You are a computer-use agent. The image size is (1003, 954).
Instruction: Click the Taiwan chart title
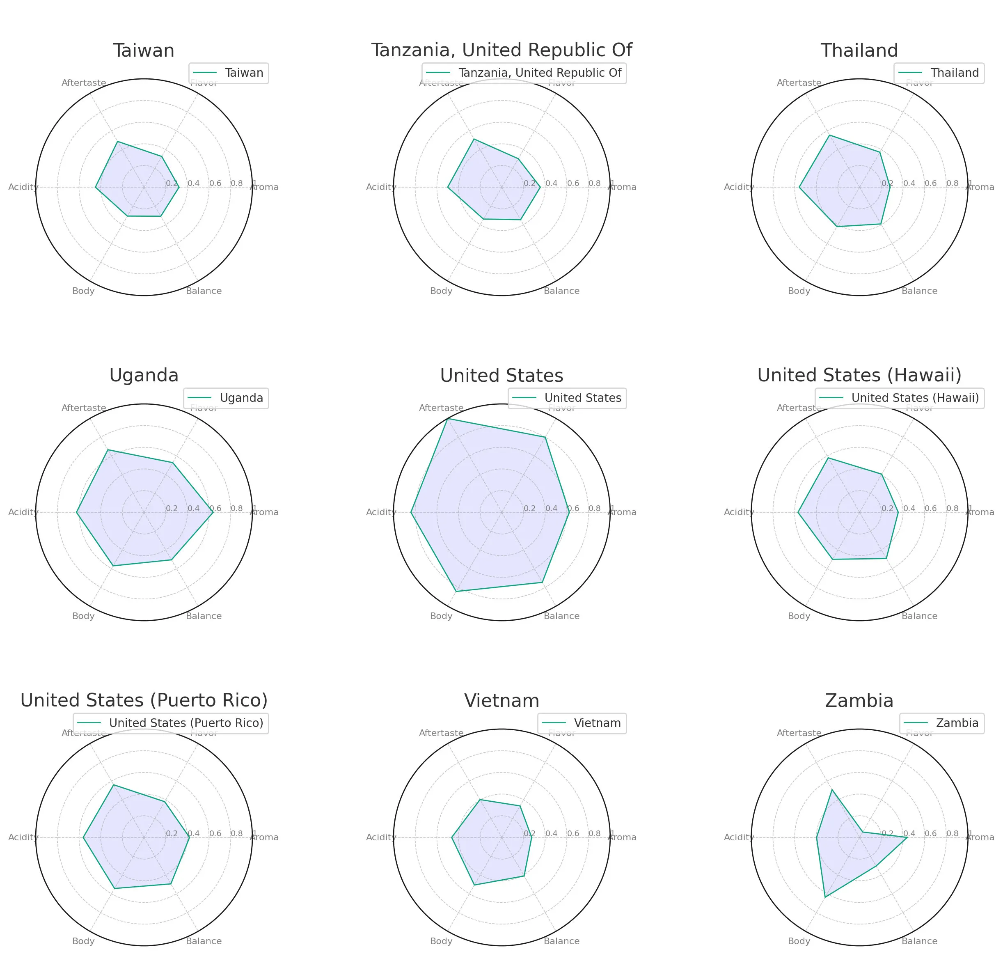(144, 51)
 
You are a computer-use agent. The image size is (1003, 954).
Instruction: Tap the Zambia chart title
(859, 701)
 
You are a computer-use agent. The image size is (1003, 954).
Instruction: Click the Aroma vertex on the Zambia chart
(907, 837)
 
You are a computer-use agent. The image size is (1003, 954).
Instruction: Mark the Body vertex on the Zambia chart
(824, 897)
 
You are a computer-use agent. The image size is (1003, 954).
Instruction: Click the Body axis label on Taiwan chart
(83, 291)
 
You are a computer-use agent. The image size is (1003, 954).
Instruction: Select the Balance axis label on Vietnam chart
(561, 941)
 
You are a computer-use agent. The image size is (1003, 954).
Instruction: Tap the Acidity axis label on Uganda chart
(23, 512)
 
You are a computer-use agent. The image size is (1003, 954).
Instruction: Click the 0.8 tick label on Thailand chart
(952, 183)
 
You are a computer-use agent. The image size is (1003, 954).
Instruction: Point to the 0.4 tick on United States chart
(551, 508)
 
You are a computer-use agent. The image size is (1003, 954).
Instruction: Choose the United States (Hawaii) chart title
(859, 375)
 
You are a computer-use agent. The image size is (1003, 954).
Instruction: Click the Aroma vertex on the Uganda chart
(213, 512)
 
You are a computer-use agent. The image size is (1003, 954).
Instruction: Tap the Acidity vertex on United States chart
(411, 512)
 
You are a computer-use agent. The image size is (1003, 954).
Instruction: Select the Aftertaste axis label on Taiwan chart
(84, 83)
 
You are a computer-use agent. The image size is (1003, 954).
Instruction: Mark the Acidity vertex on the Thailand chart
(799, 187)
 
